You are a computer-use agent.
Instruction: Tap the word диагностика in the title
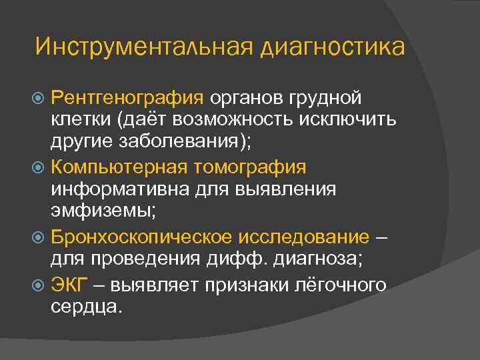point(333,47)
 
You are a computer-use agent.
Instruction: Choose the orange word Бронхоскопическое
point(141,237)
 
